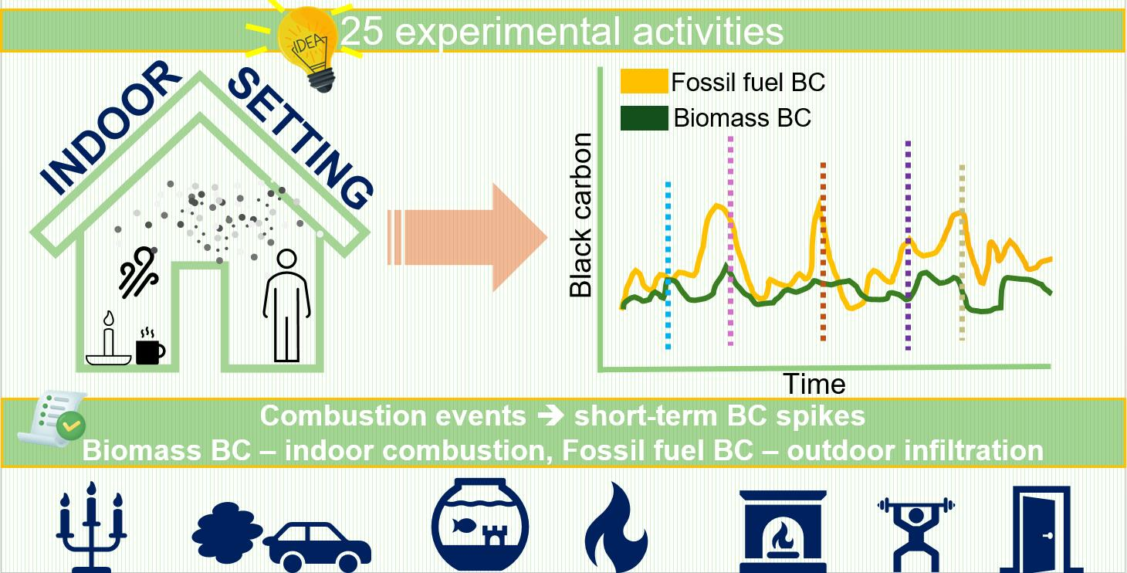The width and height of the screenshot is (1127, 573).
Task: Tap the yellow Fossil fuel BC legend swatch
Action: tap(644, 81)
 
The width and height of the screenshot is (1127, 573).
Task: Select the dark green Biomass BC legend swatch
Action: tap(644, 118)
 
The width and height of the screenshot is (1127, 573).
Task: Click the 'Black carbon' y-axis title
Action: tap(580, 215)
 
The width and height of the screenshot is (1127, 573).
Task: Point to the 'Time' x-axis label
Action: tap(814, 384)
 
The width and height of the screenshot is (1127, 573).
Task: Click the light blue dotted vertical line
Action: tap(668, 266)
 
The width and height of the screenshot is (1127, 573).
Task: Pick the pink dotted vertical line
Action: tap(730, 241)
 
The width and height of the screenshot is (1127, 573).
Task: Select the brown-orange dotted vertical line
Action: tap(823, 252)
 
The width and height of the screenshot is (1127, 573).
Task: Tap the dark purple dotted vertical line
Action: tap(908, 246)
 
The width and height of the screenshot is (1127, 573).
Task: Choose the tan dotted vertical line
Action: tap(962, 253)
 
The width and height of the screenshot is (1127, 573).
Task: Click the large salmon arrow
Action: tap(468, 237)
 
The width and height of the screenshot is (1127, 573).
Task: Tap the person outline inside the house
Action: tap(287, 305)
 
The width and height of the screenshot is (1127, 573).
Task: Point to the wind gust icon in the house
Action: tap(138, 271)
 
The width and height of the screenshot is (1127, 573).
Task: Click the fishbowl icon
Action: tap(480, 524)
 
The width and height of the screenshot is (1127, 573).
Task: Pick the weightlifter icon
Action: tap(916, 534)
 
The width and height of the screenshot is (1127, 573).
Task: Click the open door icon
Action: tap(1041, 529)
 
